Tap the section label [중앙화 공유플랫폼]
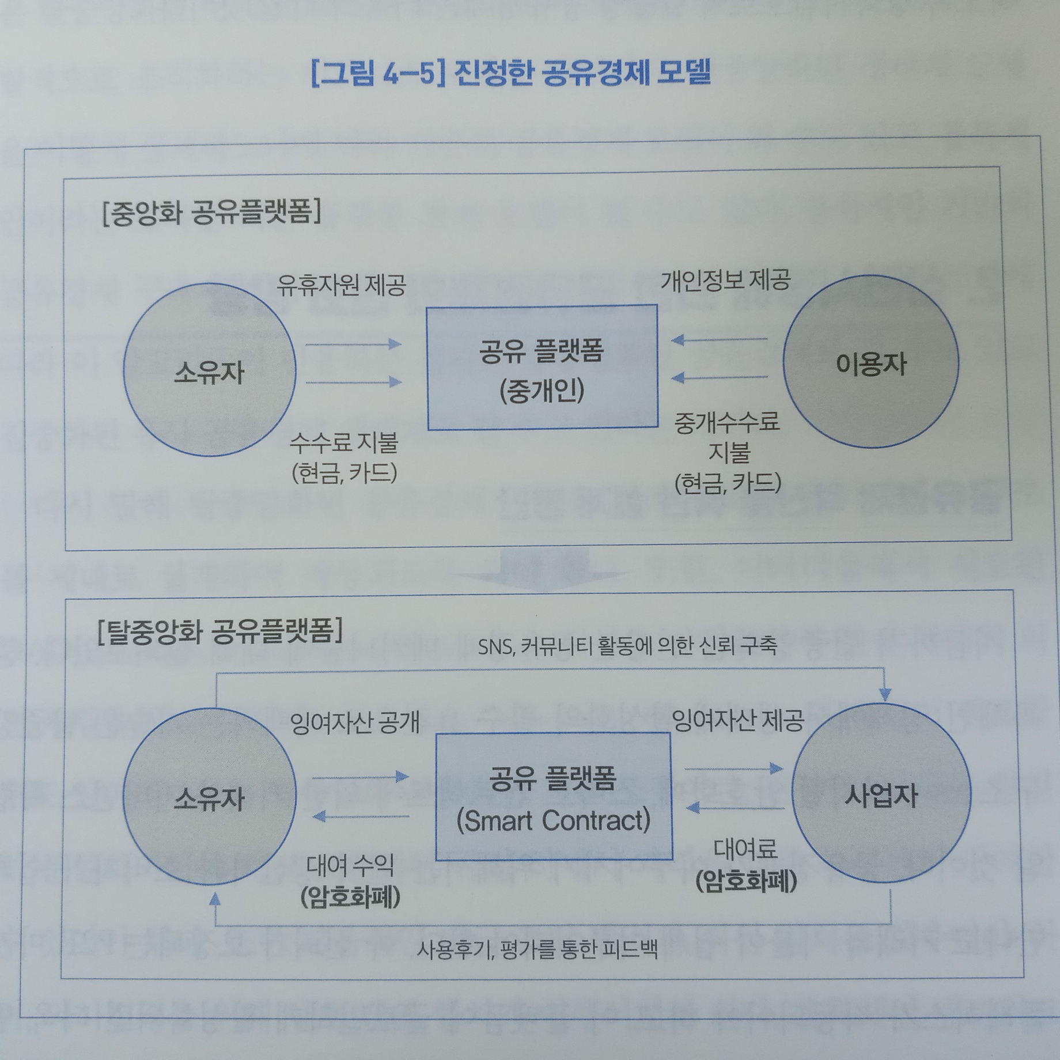click(211, 213)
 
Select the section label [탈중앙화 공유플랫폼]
click(220, 630)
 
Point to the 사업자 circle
click(881, 795)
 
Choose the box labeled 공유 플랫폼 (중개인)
click(542, 368)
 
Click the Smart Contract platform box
click(553, 797)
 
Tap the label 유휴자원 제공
click(341, 285)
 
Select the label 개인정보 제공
click(725, 280)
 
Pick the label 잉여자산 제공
click(738, 720)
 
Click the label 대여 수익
click(350, 865)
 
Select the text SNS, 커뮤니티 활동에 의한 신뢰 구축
click(627, 646)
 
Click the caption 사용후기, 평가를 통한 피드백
click(537, 949)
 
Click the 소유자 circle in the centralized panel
click(209, 370)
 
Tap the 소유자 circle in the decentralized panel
click(210, 798)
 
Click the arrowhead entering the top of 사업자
click(885, 694)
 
